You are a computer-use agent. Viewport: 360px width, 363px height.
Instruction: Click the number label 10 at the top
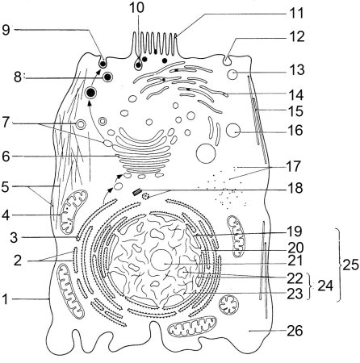pyautogui.click(x=136, y=7)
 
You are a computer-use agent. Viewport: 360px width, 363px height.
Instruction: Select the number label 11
pyautogui.click(x=296, y=13)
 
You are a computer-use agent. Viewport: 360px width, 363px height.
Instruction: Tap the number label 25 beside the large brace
pyautogui.click(x=350, y=265)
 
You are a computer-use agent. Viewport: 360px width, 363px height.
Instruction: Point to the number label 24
pyautogui.click(x=325, y=286)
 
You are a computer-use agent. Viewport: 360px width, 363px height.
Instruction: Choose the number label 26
pyautogui.click(x=295, y=331)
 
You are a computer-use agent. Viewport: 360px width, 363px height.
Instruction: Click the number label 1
pyautogui.click(x=6, y=299)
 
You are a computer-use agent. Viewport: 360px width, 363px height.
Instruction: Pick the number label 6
pyautogui.click(x=6, y=156)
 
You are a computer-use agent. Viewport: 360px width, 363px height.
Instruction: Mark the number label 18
pyautogui.click(x=295, y=188)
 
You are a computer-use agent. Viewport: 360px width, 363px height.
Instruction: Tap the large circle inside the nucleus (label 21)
pyautogui.click(x=161, y=260)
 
